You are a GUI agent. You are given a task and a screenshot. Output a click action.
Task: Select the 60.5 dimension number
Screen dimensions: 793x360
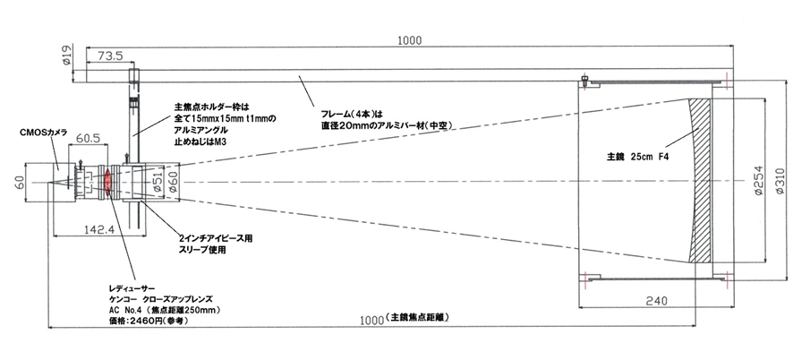pyautogui.click(x=88, y=138)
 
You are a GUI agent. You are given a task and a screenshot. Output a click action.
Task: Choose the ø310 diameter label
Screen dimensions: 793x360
pyautogui.click(x=780, y=181)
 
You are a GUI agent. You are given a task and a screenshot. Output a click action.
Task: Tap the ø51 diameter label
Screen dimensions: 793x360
pyautogui.click(x=158, y=182)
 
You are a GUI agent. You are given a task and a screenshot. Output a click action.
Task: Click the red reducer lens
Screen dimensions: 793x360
pyautogui.click(x=107, y=182)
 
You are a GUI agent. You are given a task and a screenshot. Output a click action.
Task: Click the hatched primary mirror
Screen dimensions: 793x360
pyautogui.click(x=701, y=181)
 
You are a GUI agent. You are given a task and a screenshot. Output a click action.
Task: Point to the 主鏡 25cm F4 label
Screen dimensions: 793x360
pyautogui.click(x=637, y=157)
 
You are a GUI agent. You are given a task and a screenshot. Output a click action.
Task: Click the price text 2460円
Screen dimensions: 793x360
pyautogui.click(x=138, y=321)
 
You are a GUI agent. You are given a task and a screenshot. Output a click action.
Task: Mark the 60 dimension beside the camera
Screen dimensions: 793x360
pyautogui.click(x=18, y=181)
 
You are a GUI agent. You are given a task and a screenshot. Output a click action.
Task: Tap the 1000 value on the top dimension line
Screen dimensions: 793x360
pyautogui.click(x=409, y=40)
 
